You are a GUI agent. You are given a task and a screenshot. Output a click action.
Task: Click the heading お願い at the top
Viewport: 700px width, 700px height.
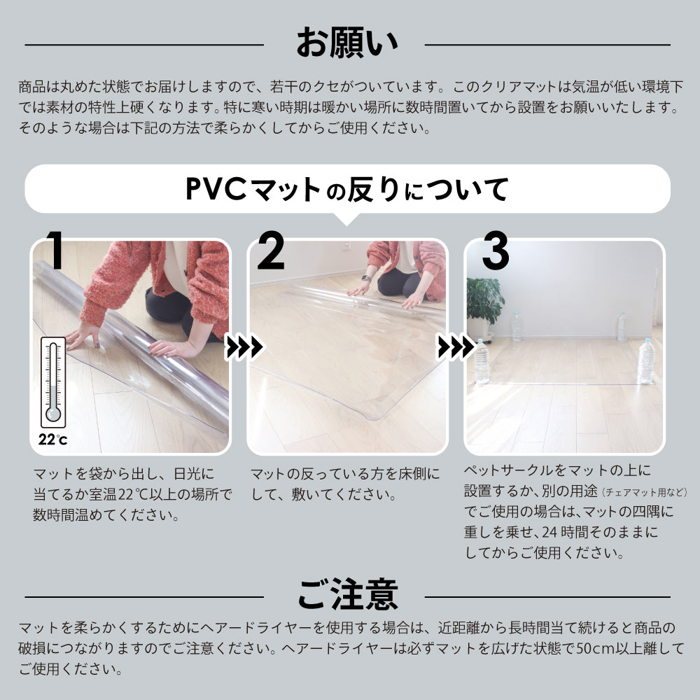(x=347, y=43)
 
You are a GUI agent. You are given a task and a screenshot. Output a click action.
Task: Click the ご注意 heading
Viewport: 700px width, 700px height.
(x=348, y=594)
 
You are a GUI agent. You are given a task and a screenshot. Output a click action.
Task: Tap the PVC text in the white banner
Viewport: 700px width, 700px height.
(x=215, y=188)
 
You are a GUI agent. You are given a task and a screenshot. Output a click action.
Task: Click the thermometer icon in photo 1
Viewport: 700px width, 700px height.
(x=54, y=382)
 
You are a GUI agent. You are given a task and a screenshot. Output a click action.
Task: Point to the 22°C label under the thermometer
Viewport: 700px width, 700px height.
(x=52, y=440)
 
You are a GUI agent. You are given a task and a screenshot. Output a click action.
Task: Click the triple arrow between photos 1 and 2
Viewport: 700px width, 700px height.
(x=244, y=347)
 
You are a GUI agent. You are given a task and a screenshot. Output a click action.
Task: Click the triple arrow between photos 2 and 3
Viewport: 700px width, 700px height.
(x=456, y=347)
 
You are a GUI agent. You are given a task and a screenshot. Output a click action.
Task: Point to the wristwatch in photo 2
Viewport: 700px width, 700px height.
(x=365, y=278)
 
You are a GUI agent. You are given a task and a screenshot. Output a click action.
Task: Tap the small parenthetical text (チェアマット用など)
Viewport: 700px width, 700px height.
(x=644, y=492)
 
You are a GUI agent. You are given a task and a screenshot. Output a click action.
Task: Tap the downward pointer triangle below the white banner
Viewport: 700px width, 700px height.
(x=347, y=218)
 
